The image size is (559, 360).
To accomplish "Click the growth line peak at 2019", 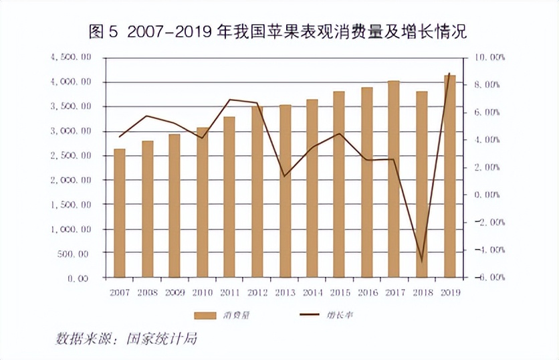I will pos(449,74).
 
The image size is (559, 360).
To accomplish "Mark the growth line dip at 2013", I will pos(285,176).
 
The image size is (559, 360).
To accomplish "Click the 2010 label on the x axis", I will pos(202,292).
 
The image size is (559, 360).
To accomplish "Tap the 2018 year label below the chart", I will pos(422,292).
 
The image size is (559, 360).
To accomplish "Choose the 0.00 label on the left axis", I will pos(78,278).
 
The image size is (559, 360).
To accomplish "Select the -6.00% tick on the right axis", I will pos(490,277).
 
